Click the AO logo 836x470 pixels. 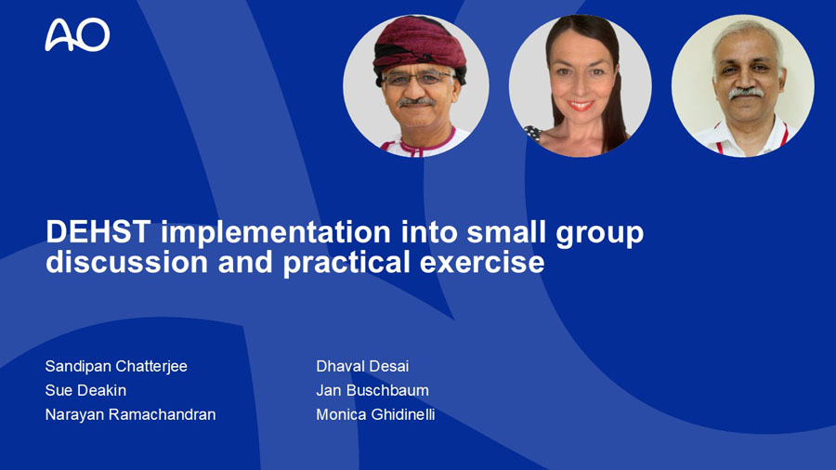(x=77, y=35)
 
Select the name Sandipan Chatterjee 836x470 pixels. (x=116, y=366)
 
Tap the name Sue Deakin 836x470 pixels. (x=85, y=390)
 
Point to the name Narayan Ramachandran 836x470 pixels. (x=131, y=414)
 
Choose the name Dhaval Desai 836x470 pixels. (x=362, y=366)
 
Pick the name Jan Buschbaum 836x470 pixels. (x=372, y=390)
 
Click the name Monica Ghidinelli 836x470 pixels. (x=376, y=414)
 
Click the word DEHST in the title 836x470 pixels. (x=98, y=232)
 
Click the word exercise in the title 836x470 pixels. (x=482, y=263)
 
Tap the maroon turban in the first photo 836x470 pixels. (x=420, y=46)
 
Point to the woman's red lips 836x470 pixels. (x=580, y=105)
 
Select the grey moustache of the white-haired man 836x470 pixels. (x=746, y=92)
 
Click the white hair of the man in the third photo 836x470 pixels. (x=747, y=33)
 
